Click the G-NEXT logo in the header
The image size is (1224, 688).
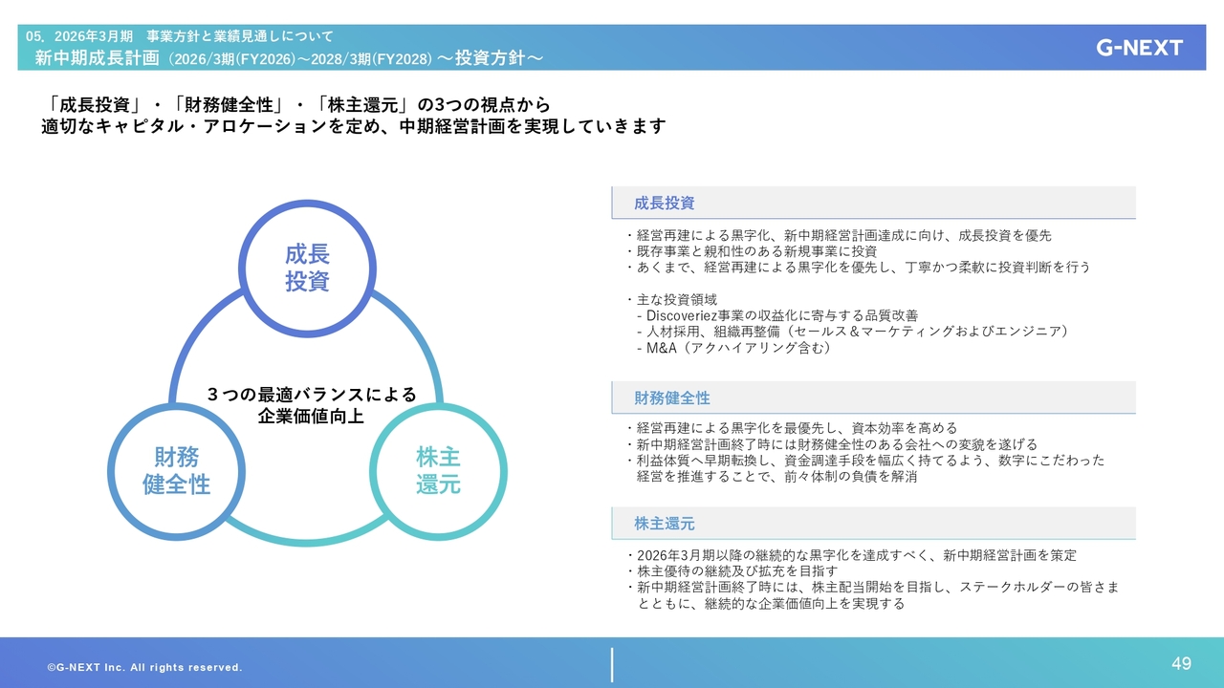[1139, 48]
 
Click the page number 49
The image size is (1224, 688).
[1181, 663]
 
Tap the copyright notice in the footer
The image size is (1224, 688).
[144, 667]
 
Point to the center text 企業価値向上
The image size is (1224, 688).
[311, 417]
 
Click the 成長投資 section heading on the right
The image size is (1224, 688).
[664, 204]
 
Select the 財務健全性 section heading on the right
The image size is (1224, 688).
[672, 398]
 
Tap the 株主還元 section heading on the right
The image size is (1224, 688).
[664, 524]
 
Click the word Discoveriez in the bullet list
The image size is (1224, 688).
[682, 315]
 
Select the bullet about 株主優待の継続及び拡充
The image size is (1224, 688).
[732, 571]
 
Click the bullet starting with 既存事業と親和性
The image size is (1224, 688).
[752, 251]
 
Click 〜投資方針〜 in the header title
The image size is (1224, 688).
[491, 58]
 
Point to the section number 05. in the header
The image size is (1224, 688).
[34, 36]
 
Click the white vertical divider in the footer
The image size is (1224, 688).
[612, 665]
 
